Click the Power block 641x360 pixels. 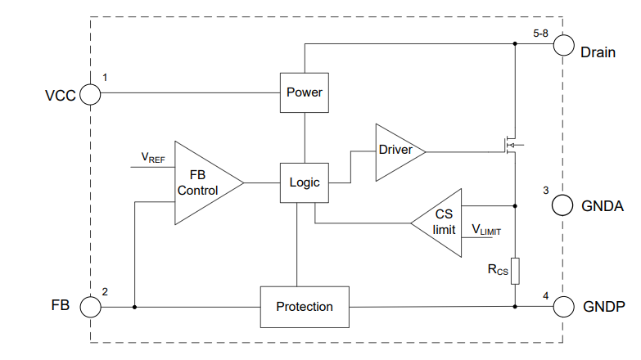(x=305, y=92)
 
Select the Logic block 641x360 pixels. (x=305, y=182)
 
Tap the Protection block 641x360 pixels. (x=305, y=307)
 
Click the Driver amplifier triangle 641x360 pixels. (x=400, y=152)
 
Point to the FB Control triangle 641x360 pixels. (x=209, y=182)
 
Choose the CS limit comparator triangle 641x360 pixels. (x=436, y=223)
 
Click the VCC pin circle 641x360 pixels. (x=90, y=94)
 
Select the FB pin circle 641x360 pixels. (x=90, y=307)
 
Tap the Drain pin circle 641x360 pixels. (x=564, y=45)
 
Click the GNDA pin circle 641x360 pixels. (x=562, y=205)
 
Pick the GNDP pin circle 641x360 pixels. (x=564, y=307)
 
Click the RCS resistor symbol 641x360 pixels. (x=515, y=271)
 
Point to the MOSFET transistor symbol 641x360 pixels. (x=511, y=145)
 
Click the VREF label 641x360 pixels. (x=153, y=158)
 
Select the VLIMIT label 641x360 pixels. (x=486, y=230)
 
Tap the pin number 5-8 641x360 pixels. (x=540, y=34)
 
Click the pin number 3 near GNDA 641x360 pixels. (x=546, y=191)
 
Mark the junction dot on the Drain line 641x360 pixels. (x=515, y=43)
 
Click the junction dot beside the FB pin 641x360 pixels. (x=134, y=307)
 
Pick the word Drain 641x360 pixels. (x=598, y=52)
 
